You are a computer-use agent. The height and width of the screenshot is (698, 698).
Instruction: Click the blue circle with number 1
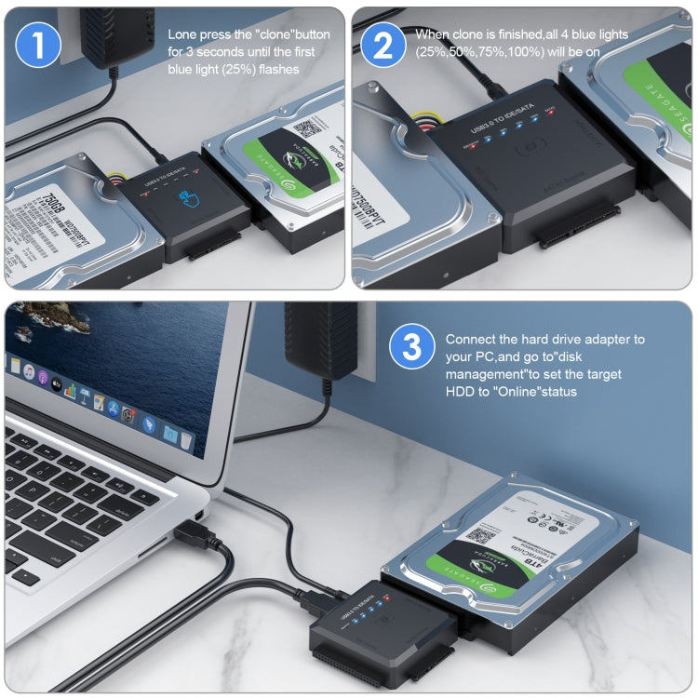39,47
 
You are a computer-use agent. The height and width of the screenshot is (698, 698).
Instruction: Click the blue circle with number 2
383,47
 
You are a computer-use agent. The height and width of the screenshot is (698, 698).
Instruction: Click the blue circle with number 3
410,348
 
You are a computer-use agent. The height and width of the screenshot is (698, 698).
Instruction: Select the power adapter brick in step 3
320,339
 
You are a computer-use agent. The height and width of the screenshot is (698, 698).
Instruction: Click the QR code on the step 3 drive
480,536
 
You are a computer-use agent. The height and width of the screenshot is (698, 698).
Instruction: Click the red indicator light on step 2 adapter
551,114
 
